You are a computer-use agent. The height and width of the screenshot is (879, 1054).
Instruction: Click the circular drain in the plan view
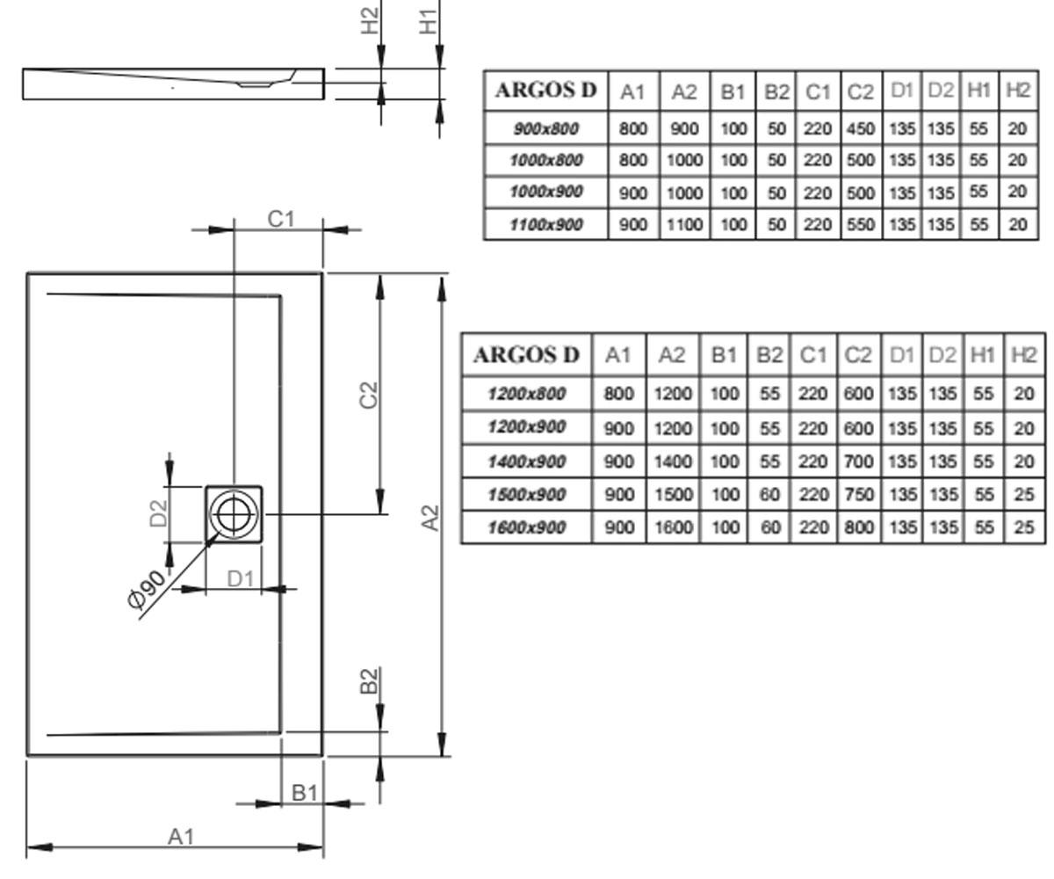click(x=234, y=513)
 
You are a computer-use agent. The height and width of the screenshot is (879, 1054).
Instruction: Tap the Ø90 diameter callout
click(x=147, y=590)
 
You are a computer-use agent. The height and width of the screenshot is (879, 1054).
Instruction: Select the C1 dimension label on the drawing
click(x=281, y=219)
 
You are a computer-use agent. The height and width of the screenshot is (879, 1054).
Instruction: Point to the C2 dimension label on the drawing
click(x=369, y=395)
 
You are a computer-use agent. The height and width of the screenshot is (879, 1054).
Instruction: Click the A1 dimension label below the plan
click(x=181, y=837)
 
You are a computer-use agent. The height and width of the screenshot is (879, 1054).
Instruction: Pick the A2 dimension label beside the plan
click(x=430, y=518)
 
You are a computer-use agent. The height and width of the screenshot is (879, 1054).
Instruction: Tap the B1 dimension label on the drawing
click(x=305, y=793)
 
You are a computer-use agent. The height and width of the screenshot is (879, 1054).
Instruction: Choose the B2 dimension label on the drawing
click(x=369, y=681)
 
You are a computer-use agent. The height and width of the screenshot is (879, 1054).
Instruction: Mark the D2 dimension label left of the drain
click(x=158, y=513)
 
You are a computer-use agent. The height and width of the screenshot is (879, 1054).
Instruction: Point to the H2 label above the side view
click(x=370, y=21)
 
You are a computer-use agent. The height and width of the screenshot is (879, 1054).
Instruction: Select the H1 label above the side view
click(x=428, y=22)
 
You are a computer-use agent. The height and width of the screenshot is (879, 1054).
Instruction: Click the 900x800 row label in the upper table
click(x=545, y=129)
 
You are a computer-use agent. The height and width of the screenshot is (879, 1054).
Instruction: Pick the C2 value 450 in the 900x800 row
click(x=861, y=129)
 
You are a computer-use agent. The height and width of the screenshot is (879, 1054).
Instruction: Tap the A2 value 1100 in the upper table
click(x=684, y=224)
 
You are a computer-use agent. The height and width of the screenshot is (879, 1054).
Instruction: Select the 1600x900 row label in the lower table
click(x=526, y=527)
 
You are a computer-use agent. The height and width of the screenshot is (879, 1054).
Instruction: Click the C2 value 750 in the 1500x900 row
click(x=859, y=494)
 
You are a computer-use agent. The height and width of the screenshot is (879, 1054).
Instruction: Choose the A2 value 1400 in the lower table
click(x=673, y=461)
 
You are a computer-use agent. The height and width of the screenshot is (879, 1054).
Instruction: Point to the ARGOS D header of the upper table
click(x=545, y=91)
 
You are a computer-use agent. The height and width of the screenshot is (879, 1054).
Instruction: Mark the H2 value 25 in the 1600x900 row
click(x=1024, y=527)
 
